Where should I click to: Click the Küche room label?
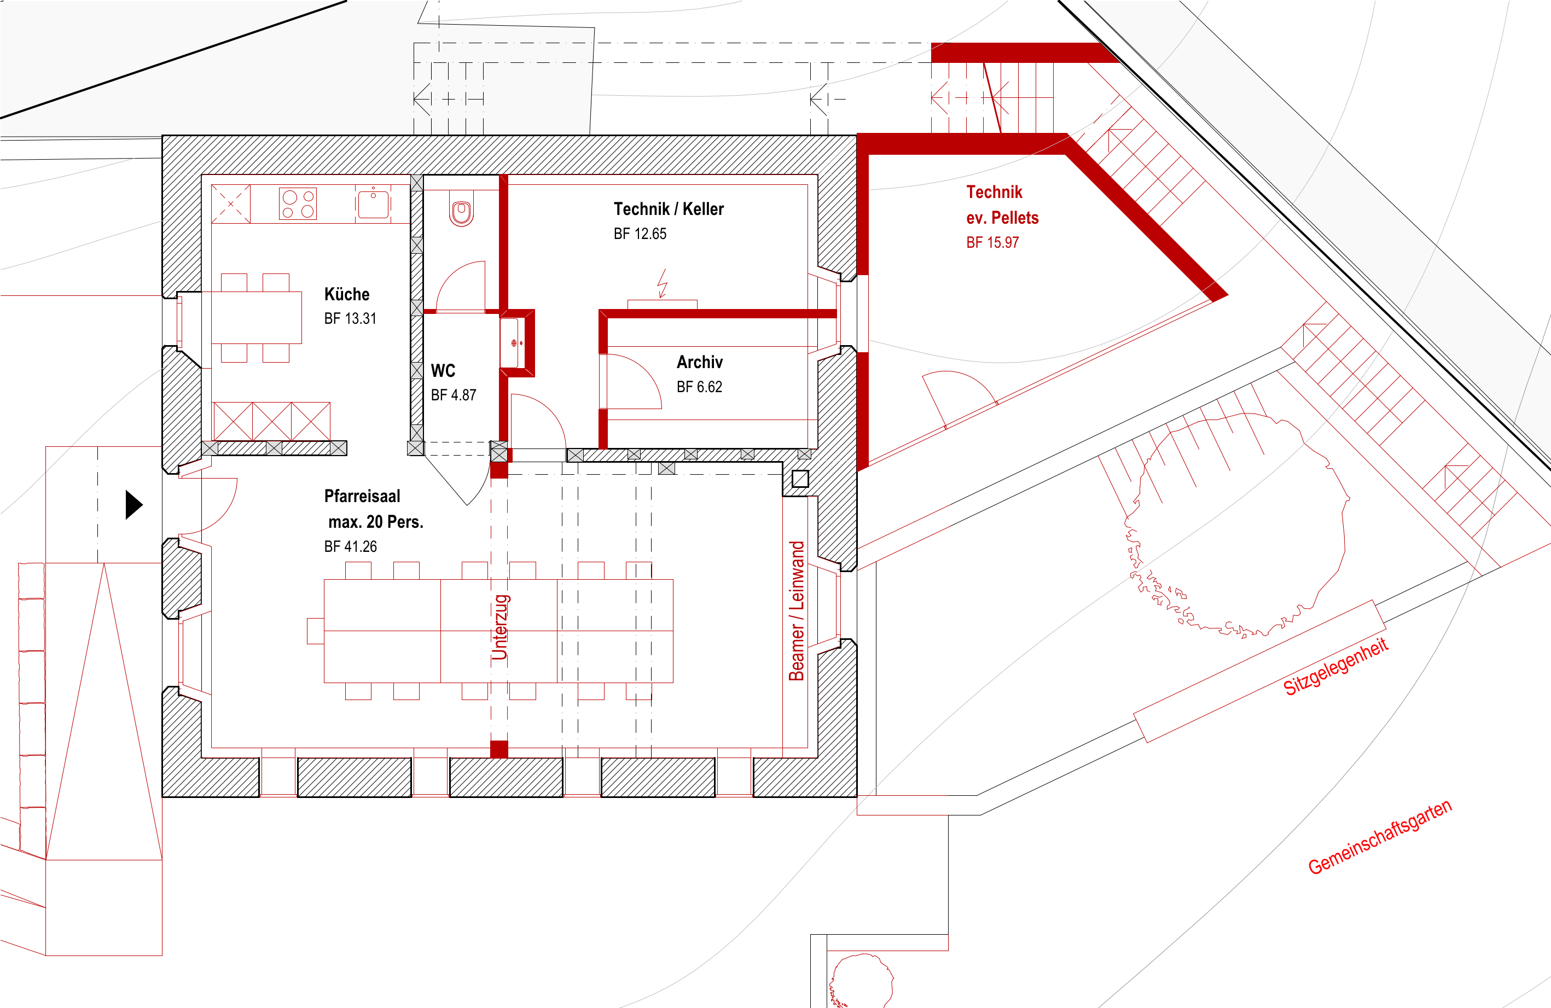pyautogui.click(x=347, y=294)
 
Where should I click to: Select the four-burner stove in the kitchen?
pyautogui.click(x=298, y=204)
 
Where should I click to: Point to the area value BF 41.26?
pyautogui.click(x=351, y=547)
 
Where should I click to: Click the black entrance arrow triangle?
pyautogui.click(x=134, y=505)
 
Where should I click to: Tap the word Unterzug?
pyautogui.click(x=501, y=627)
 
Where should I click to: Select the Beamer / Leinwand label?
pyautogui.click(x=797, y=611)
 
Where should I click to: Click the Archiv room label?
pyautogui.click(x=699, y=362)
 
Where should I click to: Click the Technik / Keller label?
pyautogui.click(x=669, y=209)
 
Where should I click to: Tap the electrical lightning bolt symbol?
pyautogui.click(x=662, y=283)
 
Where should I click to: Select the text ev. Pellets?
pyautogui.click(x=1002, y=218)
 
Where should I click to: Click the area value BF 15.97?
pyautogui.click(x=992, y=242)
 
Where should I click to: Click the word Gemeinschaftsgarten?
pyautogui.click(x=1380, y=837)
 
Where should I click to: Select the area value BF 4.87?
pyautogui.click(x=454, y=395)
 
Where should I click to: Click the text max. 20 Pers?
pyautogui.click(x=376, y=522)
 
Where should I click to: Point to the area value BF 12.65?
pyautogui.click(x=640, y=234)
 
